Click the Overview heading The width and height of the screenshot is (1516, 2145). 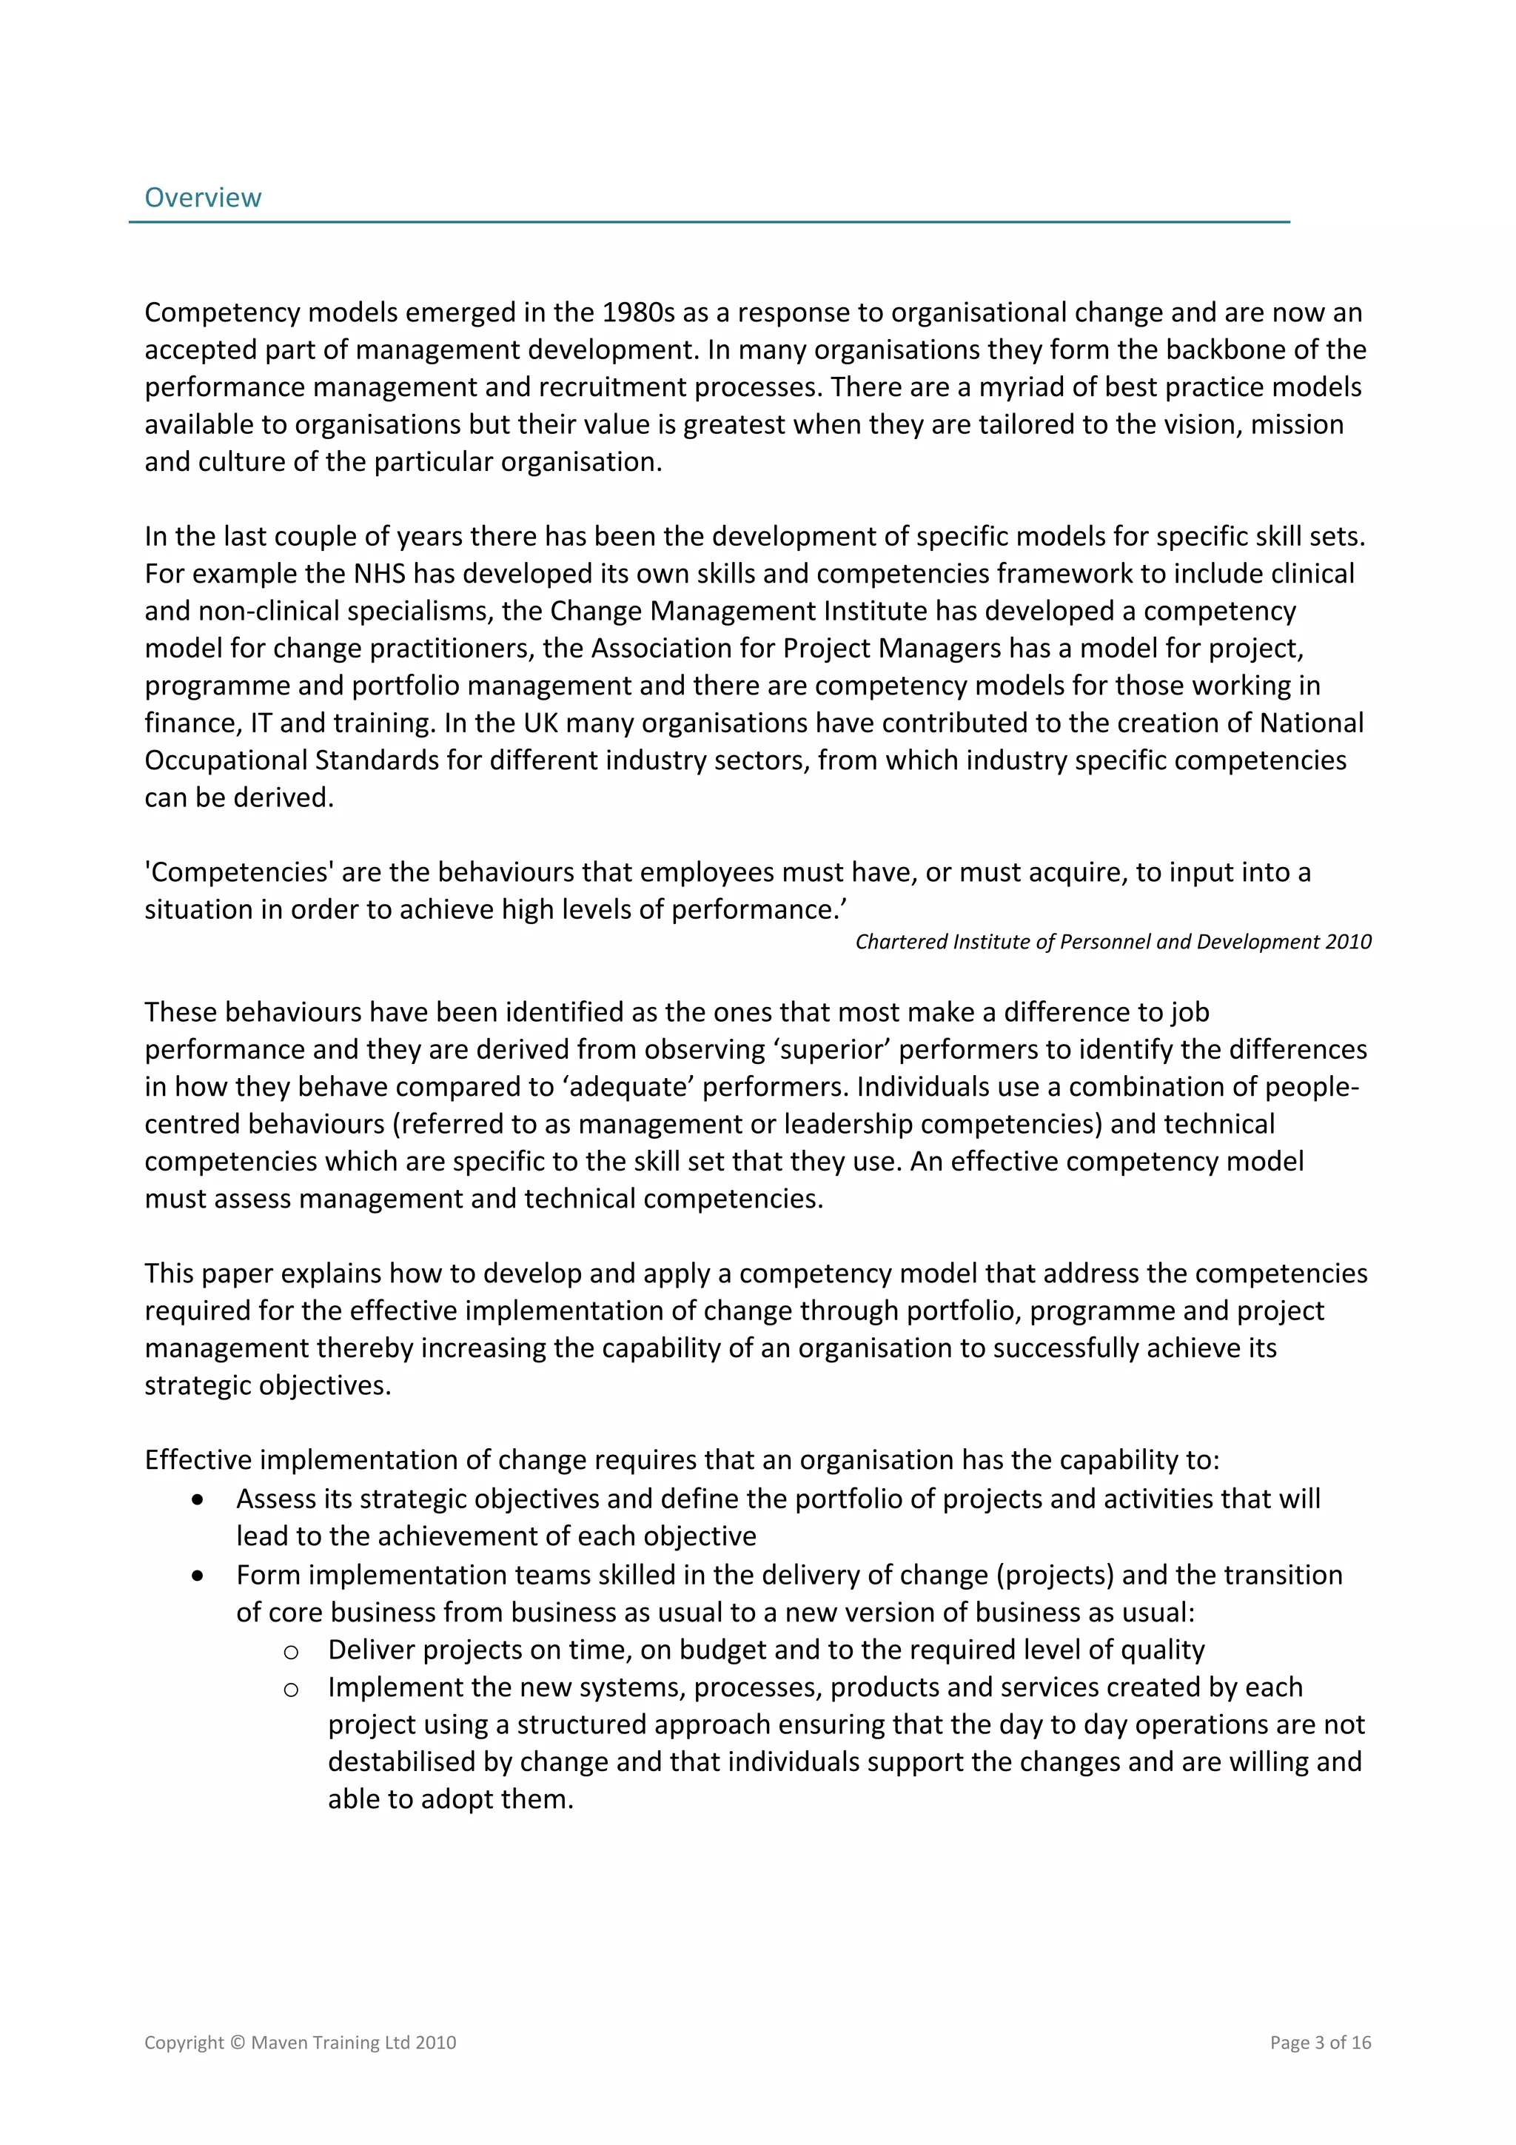coord(203,197)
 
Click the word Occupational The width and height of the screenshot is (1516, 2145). coord(226,760)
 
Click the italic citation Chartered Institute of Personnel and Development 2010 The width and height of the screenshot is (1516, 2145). coord(1113,942)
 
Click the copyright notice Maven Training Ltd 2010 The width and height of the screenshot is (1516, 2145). coord(300,2042)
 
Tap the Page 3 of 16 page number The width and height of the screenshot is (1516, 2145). coord(1320,2042)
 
